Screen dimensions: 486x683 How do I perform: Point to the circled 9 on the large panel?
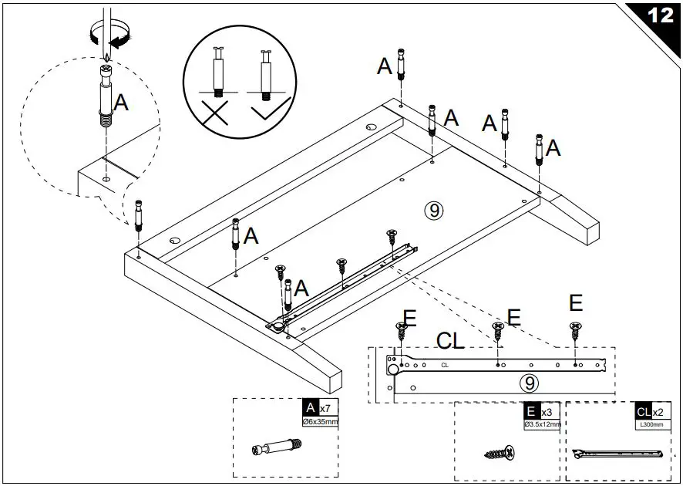434,209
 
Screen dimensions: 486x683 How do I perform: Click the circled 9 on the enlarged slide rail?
528,382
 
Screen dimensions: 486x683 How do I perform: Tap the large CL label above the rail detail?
450,340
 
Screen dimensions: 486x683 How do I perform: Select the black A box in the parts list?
310,409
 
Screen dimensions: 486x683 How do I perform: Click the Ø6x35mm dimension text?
321,422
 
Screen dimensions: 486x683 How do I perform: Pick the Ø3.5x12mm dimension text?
541,424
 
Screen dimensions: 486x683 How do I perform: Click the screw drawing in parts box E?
497,451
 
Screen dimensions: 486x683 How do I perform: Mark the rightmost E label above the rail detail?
575,302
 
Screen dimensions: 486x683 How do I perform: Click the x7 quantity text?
327,409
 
